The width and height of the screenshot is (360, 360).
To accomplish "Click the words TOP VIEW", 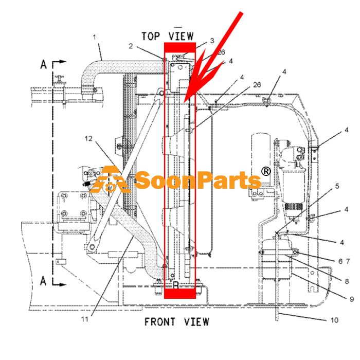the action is point(167,37).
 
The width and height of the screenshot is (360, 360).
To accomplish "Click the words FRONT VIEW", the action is point(177,321).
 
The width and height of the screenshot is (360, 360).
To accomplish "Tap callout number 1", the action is point(94,37).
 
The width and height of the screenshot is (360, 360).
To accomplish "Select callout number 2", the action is point(131,46).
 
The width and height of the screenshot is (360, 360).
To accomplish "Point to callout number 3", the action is point(212,41).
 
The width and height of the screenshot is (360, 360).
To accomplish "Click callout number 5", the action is point(337,186).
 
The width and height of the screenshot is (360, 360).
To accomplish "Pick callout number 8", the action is point(347,281).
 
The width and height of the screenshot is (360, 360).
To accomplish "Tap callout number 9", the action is point(352,299).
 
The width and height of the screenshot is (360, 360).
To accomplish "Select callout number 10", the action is point(334,320).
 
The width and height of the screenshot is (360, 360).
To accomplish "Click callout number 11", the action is point(84,319).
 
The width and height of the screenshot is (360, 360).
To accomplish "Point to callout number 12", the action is point(88,138).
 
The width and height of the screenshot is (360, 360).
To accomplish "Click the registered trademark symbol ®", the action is point(266,171).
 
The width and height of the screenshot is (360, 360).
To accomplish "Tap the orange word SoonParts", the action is point(198,181).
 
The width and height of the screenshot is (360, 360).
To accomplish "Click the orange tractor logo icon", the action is point(111,179).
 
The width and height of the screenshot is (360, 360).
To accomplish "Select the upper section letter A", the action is point(43,64).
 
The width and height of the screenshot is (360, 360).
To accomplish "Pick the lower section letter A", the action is point(43,281).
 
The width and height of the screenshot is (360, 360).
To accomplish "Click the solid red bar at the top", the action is point(180,47).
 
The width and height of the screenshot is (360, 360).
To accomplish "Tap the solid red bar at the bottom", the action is point(180,293).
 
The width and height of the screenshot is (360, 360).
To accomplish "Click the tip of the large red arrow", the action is point(184,102).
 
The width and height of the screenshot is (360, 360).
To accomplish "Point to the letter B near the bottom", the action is point(176,285).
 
